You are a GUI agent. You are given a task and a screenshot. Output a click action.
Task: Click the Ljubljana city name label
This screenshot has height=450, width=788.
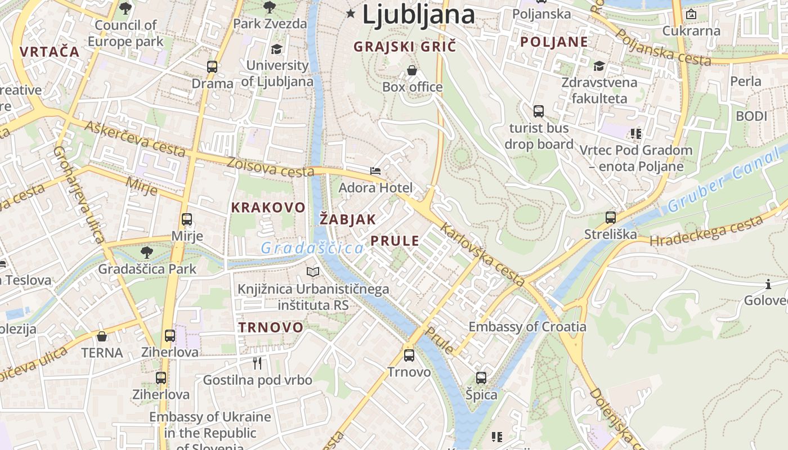click(x=418, y=14)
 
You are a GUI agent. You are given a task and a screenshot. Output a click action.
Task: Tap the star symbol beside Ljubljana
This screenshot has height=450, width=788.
click(x=352, y=13)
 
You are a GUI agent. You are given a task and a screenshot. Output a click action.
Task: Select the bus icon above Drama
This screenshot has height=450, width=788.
click(x=212, y=67)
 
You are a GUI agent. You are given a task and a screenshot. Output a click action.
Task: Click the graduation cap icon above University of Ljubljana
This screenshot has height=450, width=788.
click(x=276, y=49)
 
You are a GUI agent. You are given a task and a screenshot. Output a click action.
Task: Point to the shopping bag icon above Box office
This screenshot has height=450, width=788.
click(x=412, y=71)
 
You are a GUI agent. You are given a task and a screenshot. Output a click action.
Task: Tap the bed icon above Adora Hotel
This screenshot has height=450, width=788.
click(x=375, y=170)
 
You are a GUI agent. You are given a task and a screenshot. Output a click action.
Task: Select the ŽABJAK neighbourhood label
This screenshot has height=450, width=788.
click(x=347, y=219)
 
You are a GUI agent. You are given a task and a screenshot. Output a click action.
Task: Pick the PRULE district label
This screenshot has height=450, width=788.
click(x=395, y=241)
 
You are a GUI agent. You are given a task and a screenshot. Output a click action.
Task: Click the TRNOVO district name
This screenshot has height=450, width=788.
click(x=270, y=327)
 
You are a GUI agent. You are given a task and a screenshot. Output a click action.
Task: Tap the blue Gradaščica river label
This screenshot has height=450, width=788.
click(x=312, y=247)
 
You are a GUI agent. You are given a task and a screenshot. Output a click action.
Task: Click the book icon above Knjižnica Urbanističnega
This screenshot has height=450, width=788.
click(x=313, y=272)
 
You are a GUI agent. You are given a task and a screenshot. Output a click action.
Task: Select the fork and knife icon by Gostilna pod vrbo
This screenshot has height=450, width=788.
click(x=257, y=363)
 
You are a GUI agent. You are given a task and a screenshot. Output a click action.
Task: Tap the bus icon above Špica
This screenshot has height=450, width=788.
click(x=481, y=378)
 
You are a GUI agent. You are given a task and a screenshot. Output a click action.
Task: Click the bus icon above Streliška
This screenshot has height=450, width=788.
click(x=611, y=218)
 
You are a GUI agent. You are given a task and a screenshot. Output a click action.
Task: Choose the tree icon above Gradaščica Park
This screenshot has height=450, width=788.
click(x=147, y=253)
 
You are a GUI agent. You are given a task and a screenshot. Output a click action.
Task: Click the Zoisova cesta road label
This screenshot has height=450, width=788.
click(x=270, y=166)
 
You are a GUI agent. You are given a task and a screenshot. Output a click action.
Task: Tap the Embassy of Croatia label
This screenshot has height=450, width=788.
click(x=527, y=327)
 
